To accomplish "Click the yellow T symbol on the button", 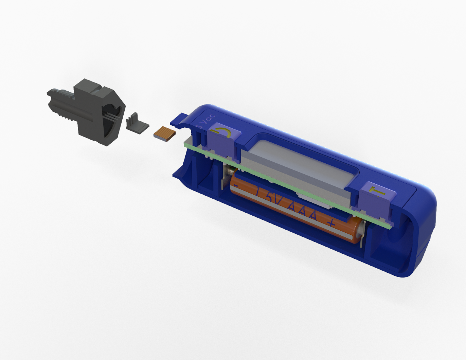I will (x=377, y=192).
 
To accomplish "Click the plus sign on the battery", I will (x=331, y=223).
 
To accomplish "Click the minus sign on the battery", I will (x=235, y=185).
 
